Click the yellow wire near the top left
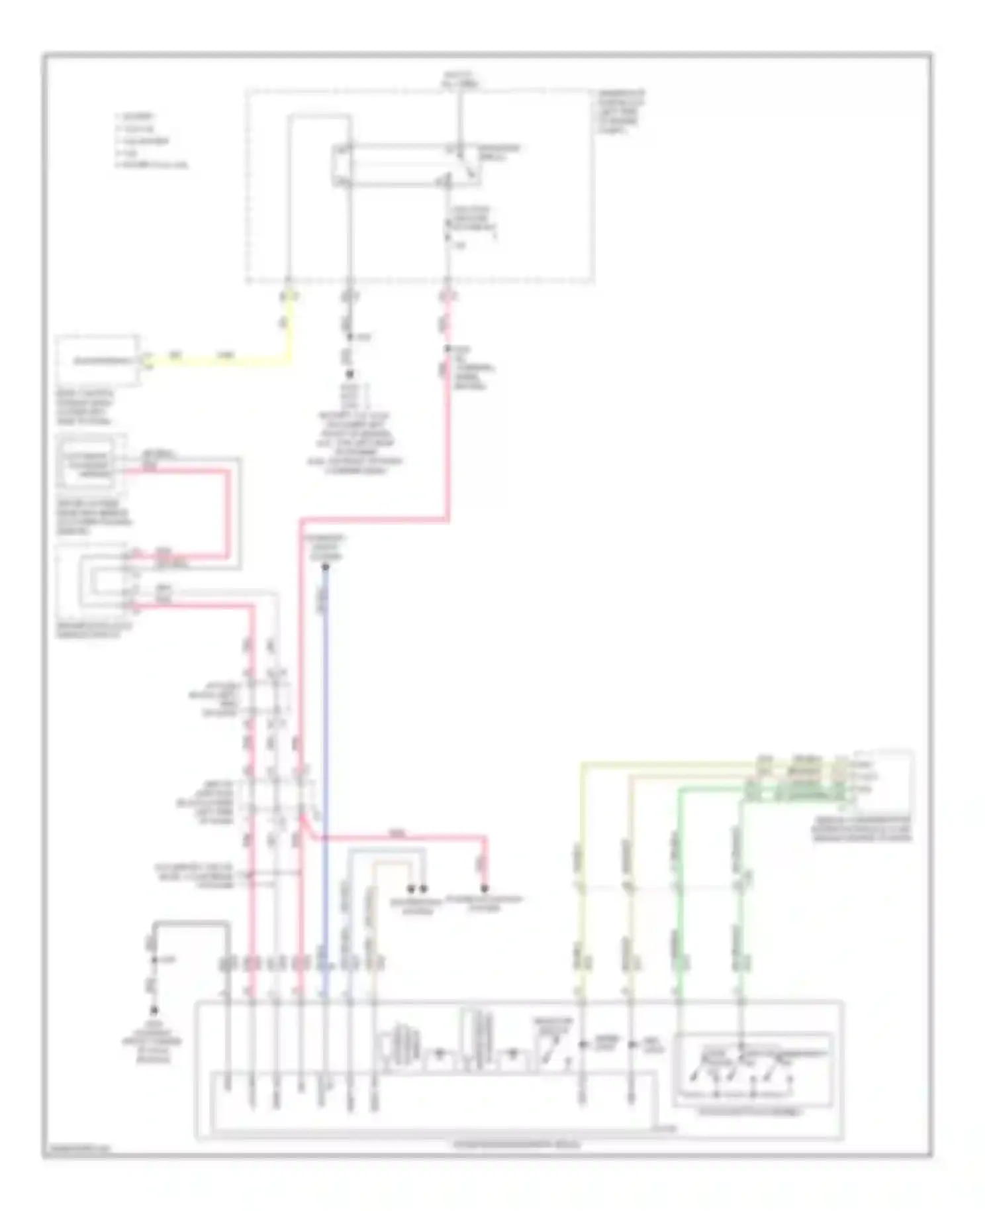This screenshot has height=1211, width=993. point(225,362)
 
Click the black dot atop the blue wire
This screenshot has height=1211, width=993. point(325,567)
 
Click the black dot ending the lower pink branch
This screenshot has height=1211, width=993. point(485,888)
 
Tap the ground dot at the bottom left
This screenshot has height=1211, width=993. point(154,1010)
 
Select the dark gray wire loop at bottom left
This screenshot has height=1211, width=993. point(192,922)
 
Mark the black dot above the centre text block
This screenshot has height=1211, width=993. point(350,374)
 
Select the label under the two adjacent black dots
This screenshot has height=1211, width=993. point(416,906)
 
